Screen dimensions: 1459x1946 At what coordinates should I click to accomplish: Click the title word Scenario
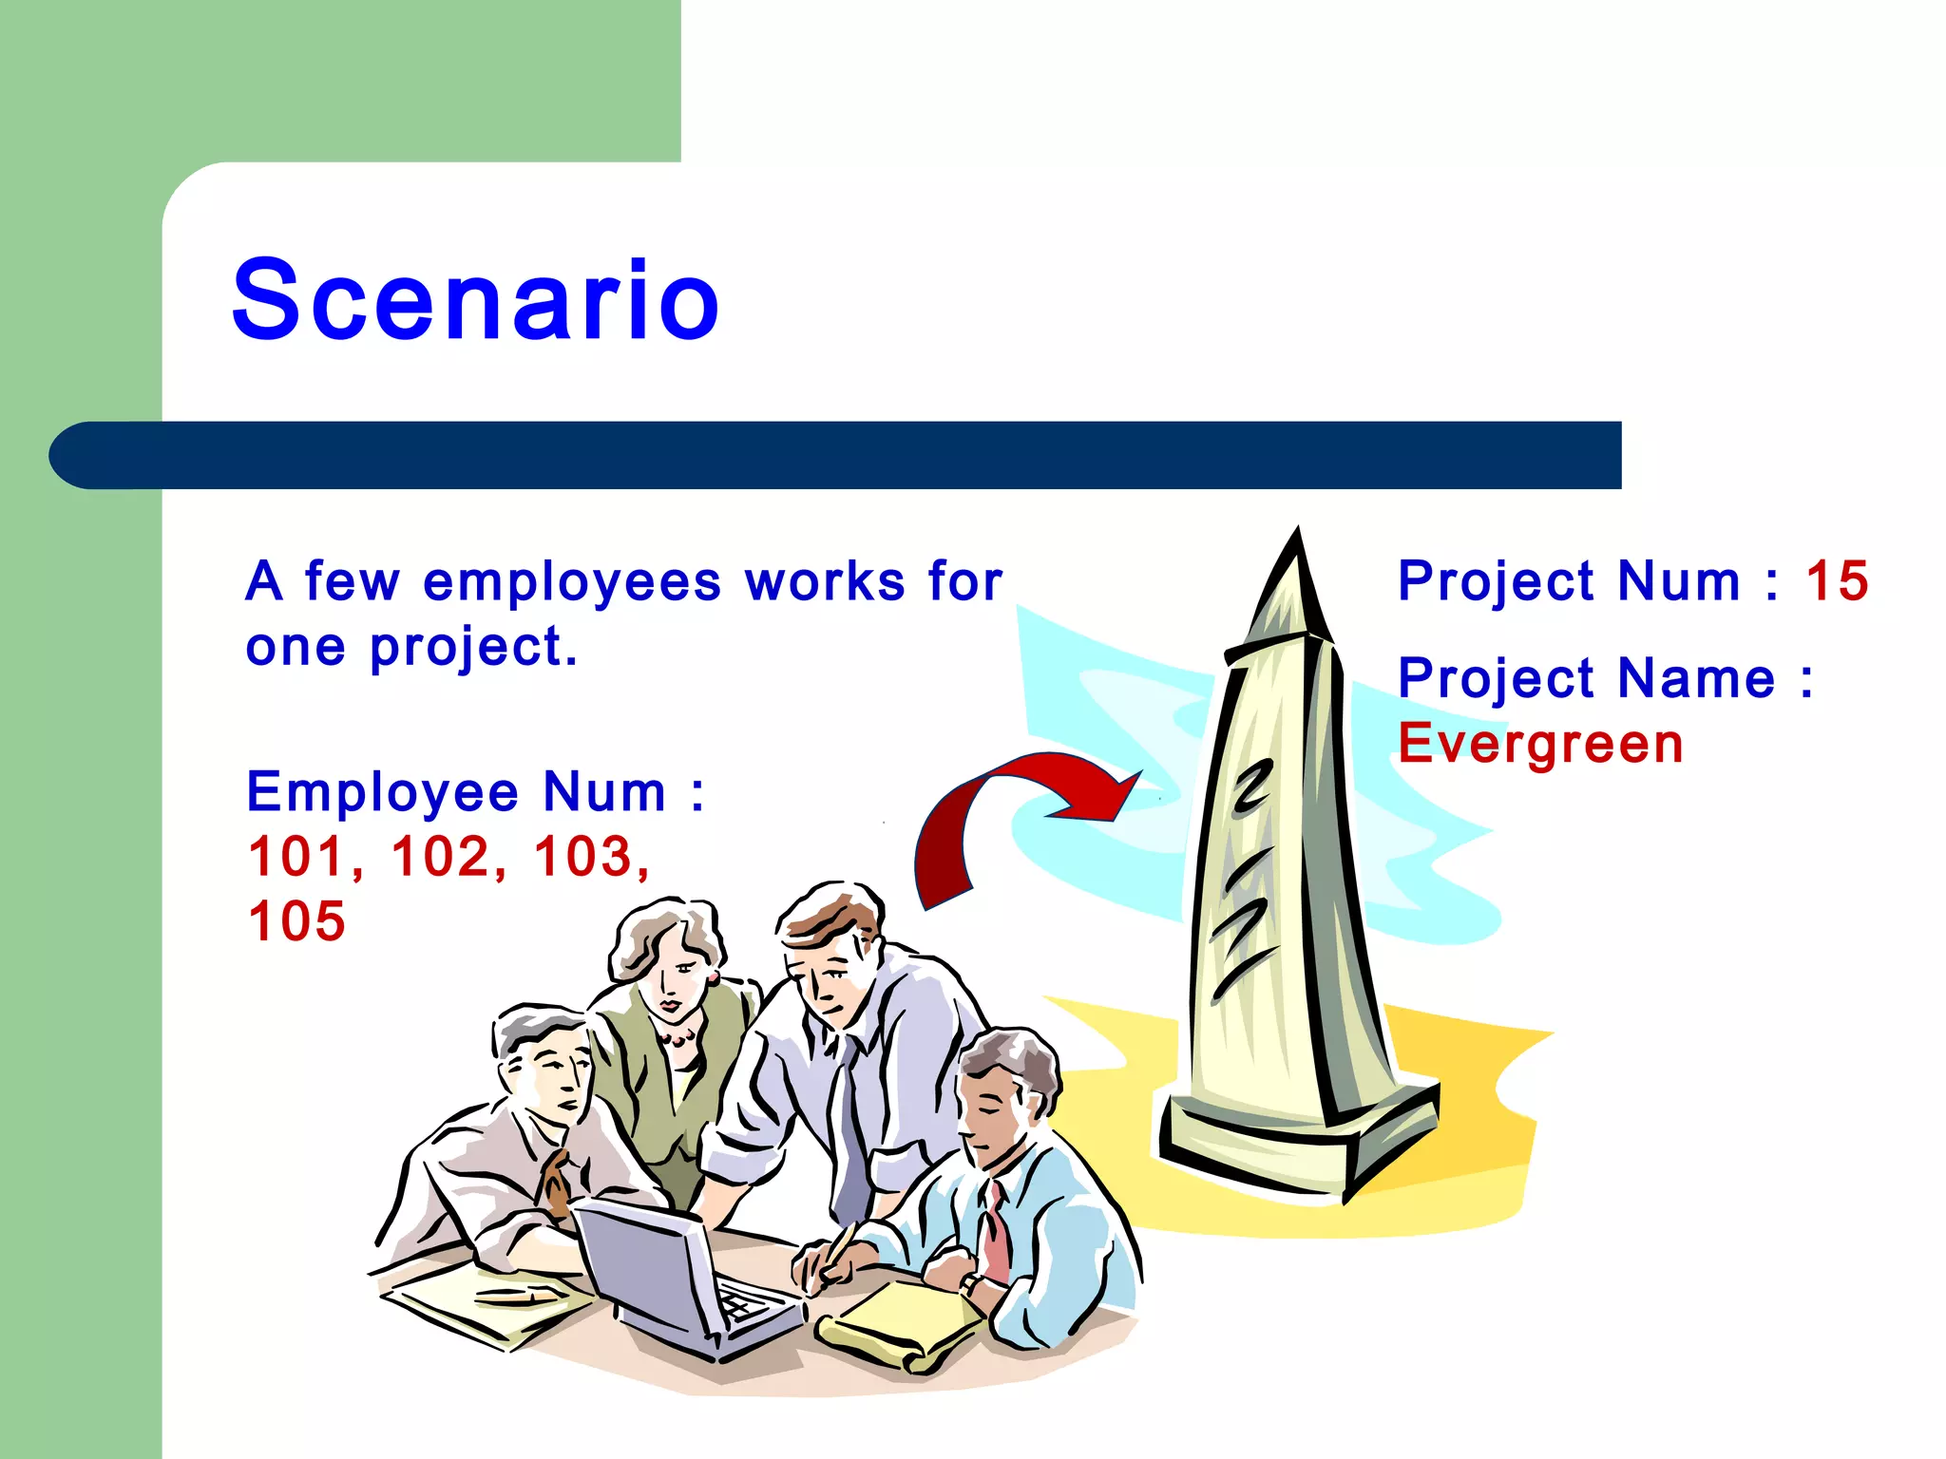pyautogui.click(x=475, y=300)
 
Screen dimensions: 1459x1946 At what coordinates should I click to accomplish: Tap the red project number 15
pyautogui.click(x=1837, y=580)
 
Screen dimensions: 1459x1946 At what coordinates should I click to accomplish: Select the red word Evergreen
pyautogui.click(x=1540, y=743)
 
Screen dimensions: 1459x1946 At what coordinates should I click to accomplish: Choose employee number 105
pyautogui.click(x=296, y=920)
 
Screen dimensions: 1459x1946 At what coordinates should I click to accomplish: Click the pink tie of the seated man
pyautogui.click(x=996, y=1235)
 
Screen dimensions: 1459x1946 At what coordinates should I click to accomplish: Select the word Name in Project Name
pyautogui.click(x=1696, y=678)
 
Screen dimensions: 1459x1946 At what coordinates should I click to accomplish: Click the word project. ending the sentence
pyautogui.click(x=472, y=649)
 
